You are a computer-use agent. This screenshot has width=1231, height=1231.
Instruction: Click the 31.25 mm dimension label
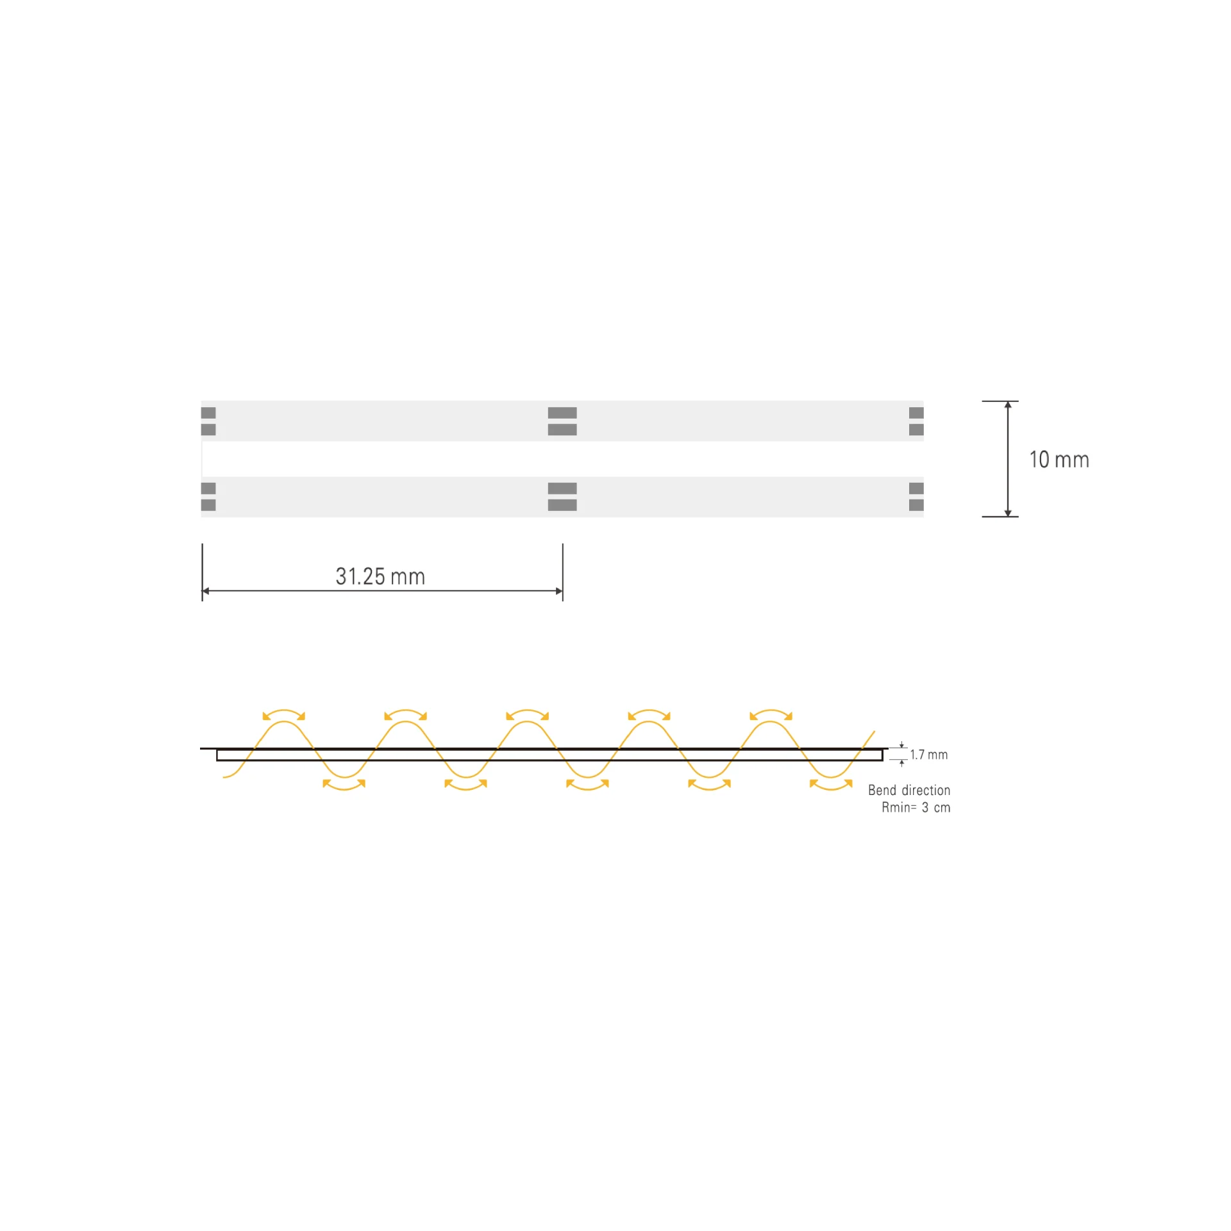(380, 576)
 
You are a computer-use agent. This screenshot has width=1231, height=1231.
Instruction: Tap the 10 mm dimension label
(1059, 460)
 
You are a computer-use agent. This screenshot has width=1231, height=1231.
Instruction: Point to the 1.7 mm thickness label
(928, 755)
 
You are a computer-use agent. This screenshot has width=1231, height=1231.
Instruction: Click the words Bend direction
(909, 791)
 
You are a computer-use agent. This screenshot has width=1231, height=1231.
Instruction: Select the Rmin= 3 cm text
(916, 808)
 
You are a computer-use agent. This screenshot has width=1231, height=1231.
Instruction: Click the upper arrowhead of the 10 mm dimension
(1008, 405)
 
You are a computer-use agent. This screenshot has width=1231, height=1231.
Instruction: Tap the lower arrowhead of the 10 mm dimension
(1008, 513)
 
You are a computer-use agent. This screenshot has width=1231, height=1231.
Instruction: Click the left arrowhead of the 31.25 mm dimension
(206, 591)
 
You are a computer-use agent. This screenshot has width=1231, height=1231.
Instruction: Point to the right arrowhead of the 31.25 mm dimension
(559, 591)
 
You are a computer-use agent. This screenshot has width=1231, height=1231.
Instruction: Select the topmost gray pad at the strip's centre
(562, 413)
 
